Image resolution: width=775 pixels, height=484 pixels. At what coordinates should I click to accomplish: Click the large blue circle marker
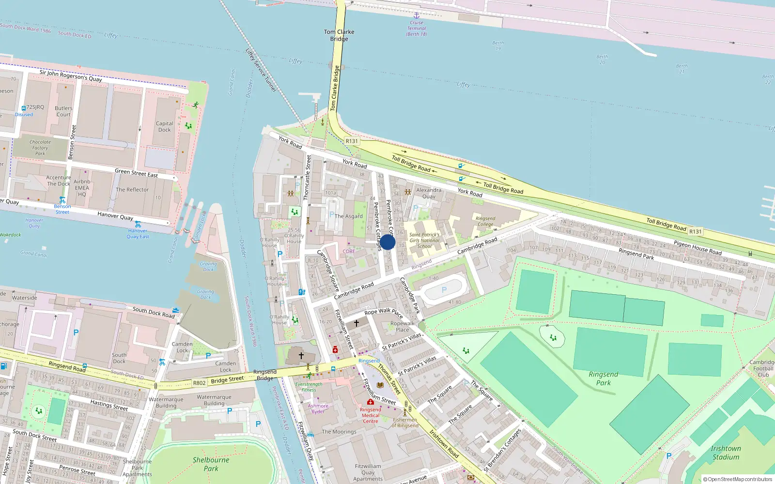coord(387,242)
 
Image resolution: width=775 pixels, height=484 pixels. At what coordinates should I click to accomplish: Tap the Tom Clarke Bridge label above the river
coord(339,35)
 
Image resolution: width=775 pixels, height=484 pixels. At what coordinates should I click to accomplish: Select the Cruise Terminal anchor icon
coord(416,15)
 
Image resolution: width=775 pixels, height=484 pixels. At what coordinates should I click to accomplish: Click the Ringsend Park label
coord(603,378)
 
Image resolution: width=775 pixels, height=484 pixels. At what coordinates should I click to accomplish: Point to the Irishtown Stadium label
coord(726,453)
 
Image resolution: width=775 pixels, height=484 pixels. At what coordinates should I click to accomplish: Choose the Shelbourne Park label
coord(211,464)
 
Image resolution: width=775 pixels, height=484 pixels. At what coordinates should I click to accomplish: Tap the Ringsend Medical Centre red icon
coord(370,402)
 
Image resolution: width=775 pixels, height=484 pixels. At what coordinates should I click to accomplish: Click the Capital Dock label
coord(165,126)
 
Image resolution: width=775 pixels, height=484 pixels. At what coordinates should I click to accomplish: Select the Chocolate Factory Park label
coord(40,148)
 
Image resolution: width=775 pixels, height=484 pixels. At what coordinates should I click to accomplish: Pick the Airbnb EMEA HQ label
coord(82,188)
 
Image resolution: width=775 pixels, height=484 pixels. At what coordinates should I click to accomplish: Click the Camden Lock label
coord(182,347)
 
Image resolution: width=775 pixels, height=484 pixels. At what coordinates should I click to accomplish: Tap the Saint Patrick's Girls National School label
coord(424,240)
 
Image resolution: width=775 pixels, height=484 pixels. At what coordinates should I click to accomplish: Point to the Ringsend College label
coord(485,221)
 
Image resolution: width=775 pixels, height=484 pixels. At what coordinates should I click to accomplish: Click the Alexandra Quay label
coord(429,193)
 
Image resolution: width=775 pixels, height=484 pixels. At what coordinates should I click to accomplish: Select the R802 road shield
coord(199,383)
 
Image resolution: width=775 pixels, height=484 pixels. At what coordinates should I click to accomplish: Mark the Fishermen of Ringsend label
coord(405,423)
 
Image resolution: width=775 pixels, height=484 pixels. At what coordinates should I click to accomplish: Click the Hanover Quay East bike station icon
coord(138,225)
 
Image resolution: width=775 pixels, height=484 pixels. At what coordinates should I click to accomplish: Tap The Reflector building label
coord(132,190)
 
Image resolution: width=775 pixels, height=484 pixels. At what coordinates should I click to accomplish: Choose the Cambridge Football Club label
coord(762,368)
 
